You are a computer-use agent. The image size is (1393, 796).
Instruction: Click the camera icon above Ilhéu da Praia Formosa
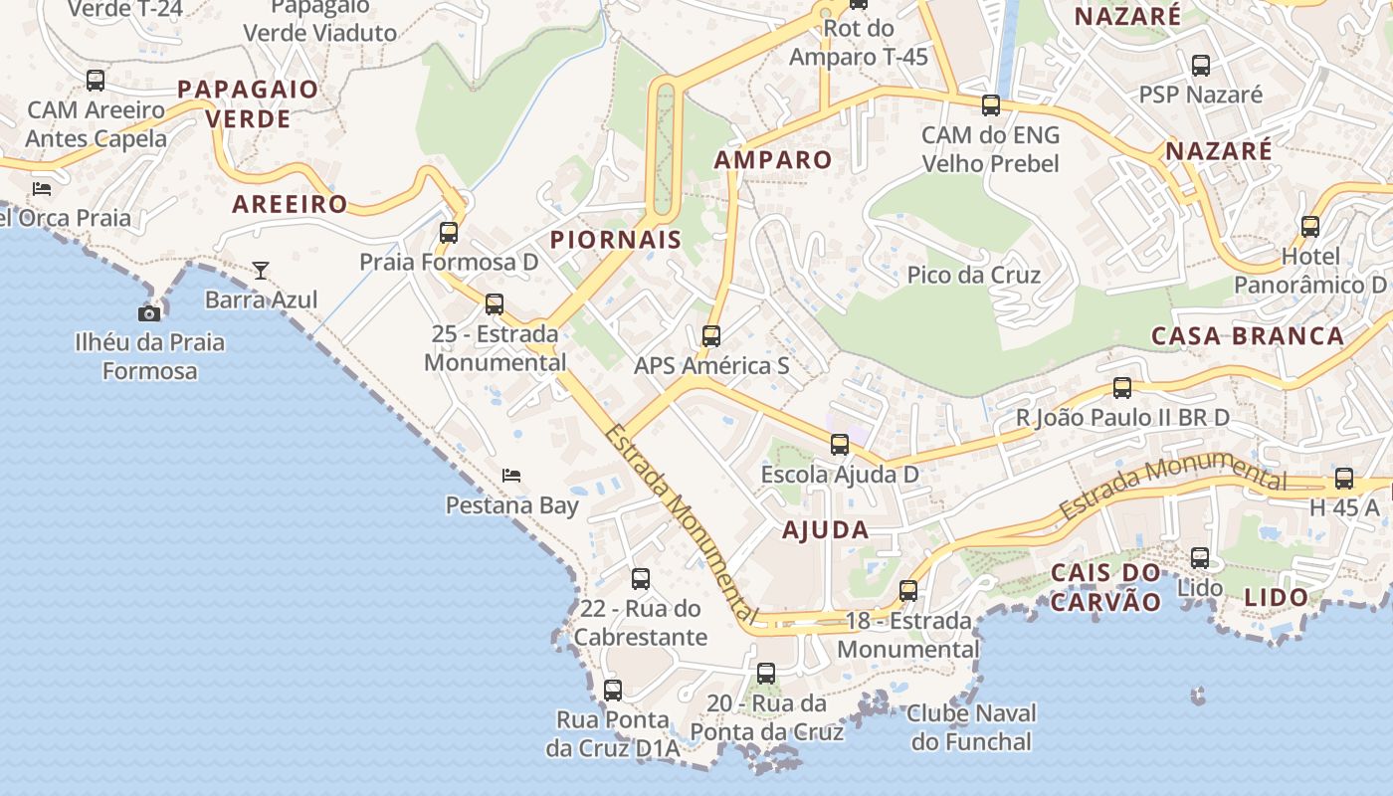[x=149, y=313]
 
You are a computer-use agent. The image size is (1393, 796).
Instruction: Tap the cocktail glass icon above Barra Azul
[x=261, y=270]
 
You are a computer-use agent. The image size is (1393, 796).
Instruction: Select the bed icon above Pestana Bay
[x=511, y=476]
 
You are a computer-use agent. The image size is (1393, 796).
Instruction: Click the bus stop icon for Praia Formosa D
[x=449, y=233]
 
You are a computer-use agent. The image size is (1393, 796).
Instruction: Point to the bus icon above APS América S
[x=710, y=336]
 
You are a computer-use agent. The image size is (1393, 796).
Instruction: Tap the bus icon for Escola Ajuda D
[x=840, y=445]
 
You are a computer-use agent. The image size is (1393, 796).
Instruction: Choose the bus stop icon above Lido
[x=1200, y=558]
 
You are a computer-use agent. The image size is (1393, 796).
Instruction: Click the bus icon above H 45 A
[x=1344, y=479]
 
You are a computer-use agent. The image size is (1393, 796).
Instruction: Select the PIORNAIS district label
[x=616, y=239]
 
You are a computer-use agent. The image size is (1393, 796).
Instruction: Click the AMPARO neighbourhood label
[x=773, y=159]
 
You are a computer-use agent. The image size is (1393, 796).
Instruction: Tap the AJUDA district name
[x=826, y=529]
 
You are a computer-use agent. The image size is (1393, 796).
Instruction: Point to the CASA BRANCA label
[x=1248, y=335]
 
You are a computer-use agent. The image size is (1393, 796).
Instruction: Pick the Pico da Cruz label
[x=974, y=275]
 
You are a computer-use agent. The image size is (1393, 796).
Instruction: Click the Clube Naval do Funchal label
[x=972, y=727]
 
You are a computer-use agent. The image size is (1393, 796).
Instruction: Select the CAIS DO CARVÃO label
[x=1106, y=587]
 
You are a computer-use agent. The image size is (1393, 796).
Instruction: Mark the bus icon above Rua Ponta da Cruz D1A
[x=613, y=691]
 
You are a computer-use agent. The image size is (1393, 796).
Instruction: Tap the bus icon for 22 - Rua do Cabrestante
[x=641, y=579]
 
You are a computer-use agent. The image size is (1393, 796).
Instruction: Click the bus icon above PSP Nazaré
[x=1201, y=66]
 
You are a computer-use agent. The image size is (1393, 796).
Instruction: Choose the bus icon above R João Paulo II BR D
[x=1122, y=388]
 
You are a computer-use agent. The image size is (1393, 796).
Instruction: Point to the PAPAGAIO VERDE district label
[x=248, y=103]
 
